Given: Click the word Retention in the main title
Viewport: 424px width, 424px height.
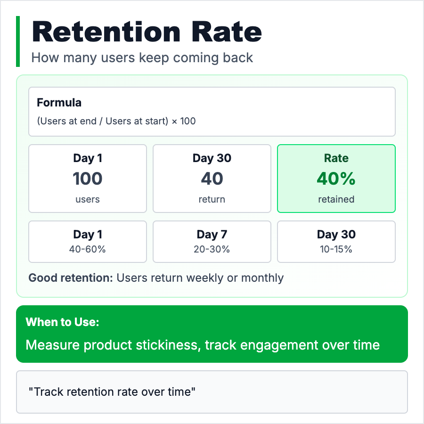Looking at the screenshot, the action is click(106, 32).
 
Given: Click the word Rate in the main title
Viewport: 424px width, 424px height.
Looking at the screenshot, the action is click(227, 32).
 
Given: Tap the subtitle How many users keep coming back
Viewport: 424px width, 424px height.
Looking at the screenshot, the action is click(142, 58).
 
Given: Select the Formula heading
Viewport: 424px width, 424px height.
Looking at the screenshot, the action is click(59, 103).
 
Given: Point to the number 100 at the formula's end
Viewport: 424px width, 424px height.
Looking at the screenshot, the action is click(188, 121).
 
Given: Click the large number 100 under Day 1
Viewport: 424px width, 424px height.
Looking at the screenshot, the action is click(87, 179).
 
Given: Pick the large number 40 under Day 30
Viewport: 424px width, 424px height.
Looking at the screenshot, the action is click(212, 179).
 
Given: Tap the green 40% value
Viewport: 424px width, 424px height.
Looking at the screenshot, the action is click(336, 179).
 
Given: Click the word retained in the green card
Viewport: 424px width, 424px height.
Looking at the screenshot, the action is click(336, 199).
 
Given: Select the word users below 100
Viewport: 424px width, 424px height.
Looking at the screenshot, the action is click(87, 200).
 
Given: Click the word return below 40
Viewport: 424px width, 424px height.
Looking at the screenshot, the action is click(212, 199).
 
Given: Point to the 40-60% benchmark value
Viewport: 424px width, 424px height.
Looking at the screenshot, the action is click(87, 249).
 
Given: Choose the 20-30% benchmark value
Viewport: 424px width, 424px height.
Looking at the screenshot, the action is click(212, 249).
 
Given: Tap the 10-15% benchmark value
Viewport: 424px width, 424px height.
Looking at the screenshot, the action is click(336, 249).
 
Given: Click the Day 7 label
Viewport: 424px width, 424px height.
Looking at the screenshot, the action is click(212, 235).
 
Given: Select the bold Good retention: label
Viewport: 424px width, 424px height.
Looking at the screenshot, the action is click(71, 277).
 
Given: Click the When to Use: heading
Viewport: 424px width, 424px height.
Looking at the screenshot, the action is click(63, 322).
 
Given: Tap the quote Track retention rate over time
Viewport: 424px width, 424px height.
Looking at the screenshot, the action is click(112, 392).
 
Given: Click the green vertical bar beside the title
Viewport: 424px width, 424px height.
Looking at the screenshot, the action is click(18, 41).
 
